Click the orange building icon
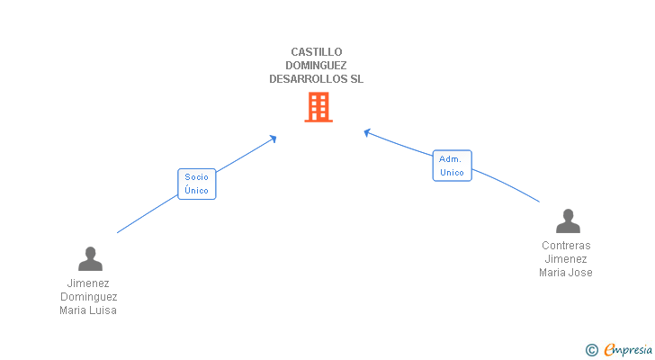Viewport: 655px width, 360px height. [318, 107]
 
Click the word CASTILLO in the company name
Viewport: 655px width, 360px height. [317, 52]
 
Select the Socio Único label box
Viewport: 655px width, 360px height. [197, 184]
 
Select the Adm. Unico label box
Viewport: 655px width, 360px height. [452, 166]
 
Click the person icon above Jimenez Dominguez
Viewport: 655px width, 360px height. [90, 259]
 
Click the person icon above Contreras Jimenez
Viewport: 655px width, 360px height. [567, 221]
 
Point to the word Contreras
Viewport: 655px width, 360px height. [567, 246]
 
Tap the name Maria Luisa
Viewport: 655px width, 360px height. [89, 310]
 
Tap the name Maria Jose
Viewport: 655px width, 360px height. [567, 273]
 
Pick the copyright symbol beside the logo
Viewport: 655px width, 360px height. [591, 350]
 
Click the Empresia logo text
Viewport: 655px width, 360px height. [629, 349]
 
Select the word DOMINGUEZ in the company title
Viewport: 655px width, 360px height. [317, 66]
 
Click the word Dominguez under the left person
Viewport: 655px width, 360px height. [89, 297]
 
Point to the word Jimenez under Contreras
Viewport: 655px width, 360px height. [567, 259]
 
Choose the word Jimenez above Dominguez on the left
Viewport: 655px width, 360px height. [89, 283]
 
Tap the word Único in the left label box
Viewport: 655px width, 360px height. [197, 191]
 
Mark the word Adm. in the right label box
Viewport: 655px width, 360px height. [450, 159]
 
